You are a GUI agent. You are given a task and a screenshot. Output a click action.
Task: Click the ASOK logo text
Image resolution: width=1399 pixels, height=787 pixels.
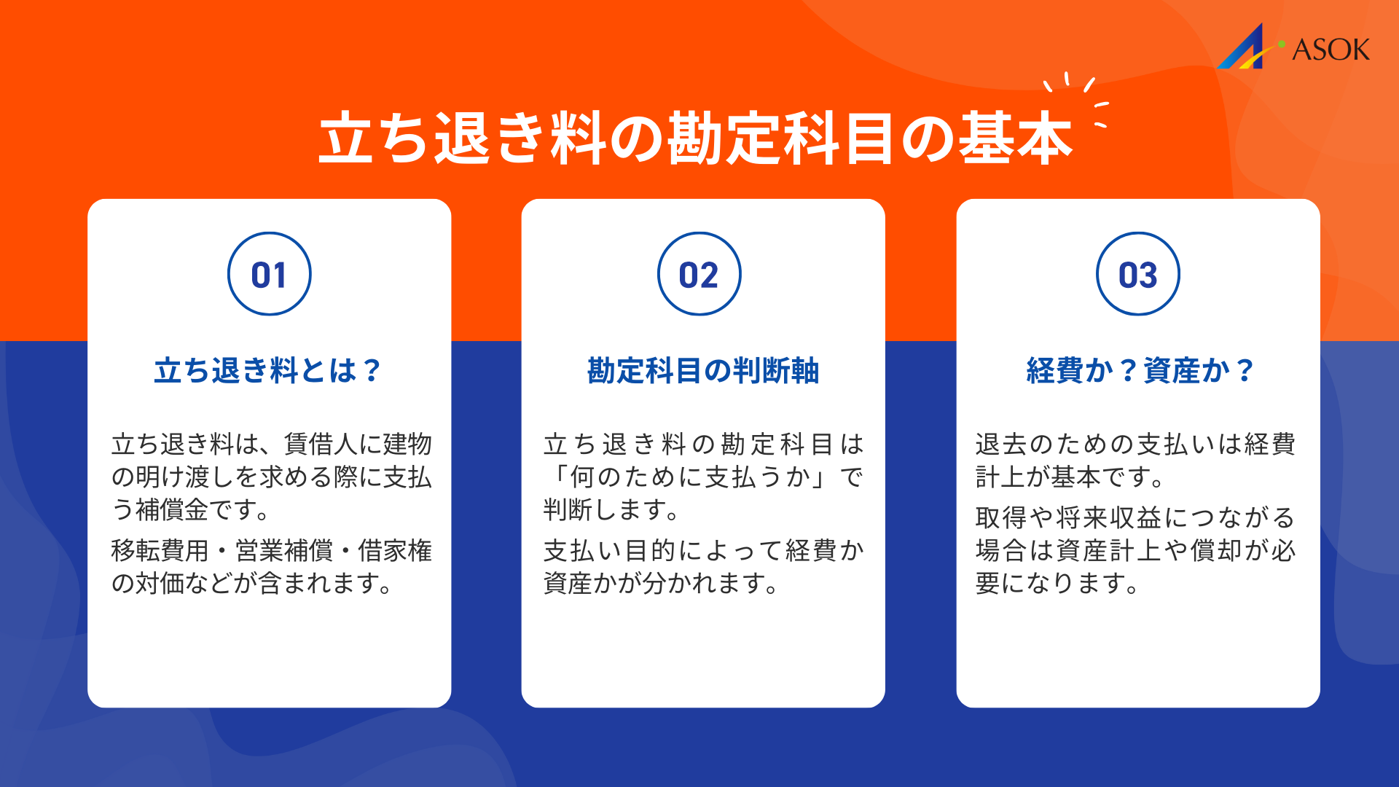(1331, 50)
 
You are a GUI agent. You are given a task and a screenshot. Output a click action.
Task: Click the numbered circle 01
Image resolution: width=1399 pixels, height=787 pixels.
(270, 274)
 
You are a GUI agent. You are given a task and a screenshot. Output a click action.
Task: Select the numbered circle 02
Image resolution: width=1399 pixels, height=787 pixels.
(699, 274)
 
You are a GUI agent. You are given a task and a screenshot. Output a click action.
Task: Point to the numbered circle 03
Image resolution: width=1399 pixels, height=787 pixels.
(1137, 274)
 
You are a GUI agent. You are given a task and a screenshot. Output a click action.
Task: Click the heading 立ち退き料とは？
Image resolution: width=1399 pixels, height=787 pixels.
(268, 371)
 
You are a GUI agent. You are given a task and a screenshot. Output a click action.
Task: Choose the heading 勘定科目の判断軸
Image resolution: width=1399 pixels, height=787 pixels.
(703, 371)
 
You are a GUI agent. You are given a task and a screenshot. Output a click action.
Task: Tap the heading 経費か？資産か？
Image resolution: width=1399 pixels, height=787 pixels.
(1140, 371)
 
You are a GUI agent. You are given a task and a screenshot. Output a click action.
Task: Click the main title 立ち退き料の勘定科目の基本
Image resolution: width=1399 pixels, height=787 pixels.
(696, 138)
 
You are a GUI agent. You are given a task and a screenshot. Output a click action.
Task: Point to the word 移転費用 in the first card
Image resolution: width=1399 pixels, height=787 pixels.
(160, 550)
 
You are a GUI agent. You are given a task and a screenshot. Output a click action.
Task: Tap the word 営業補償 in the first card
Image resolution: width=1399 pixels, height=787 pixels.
(284, 550)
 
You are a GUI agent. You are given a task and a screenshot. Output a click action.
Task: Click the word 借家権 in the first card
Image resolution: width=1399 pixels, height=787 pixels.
(395, 550)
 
